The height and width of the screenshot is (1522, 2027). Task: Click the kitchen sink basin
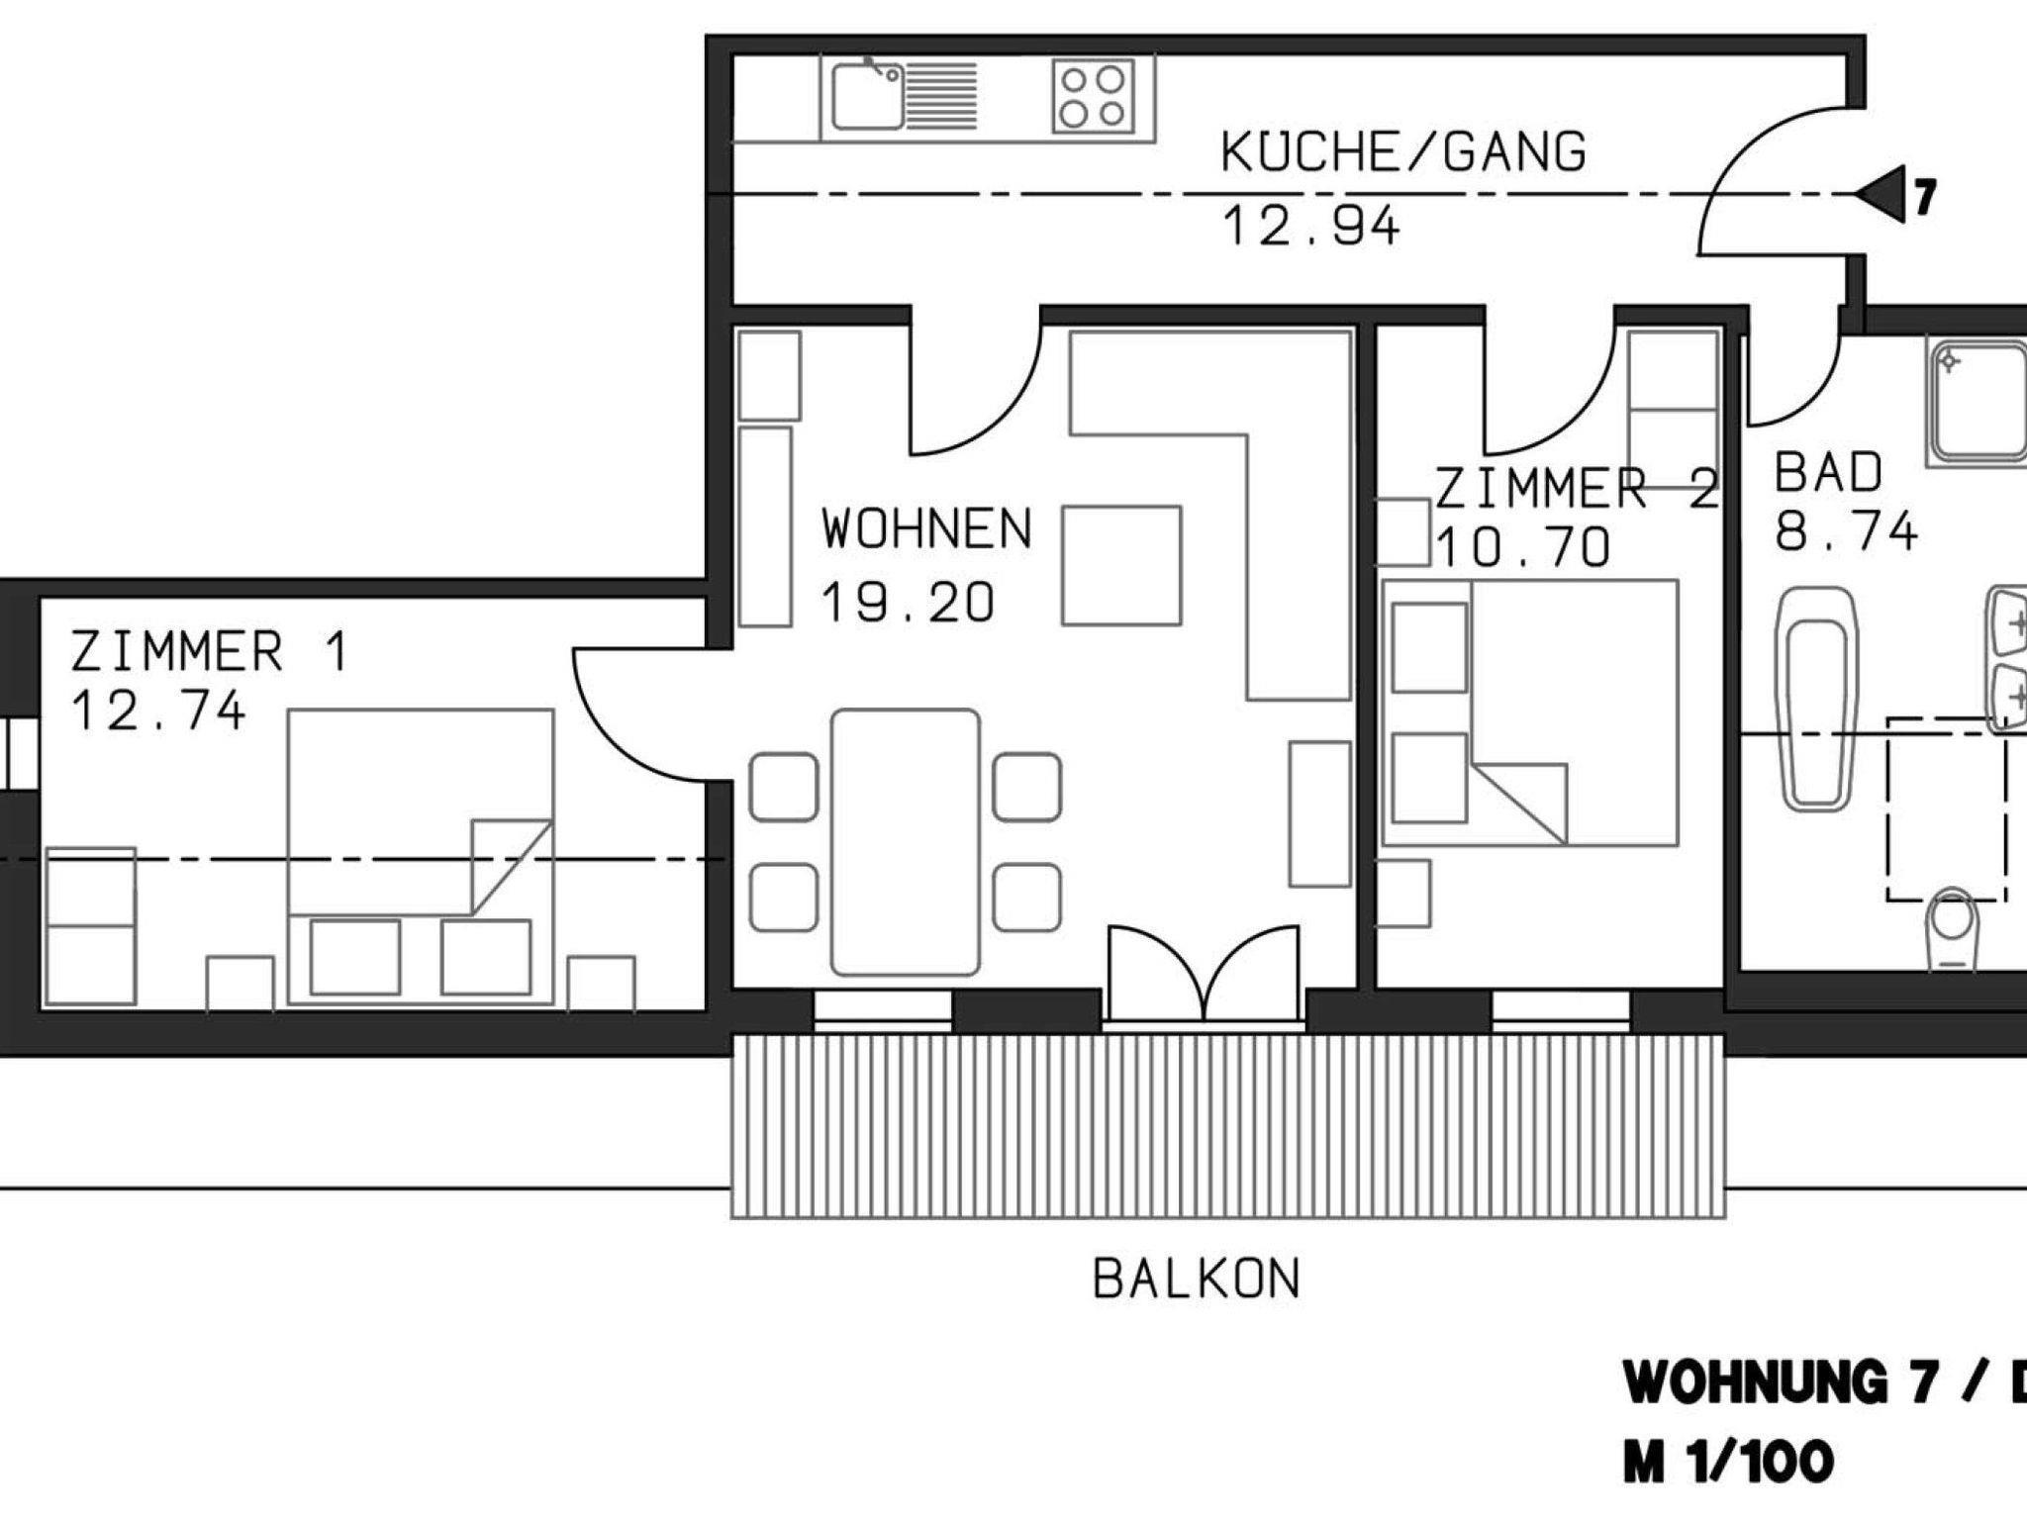(867, 97)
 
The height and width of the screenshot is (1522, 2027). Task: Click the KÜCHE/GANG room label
(1403, 152)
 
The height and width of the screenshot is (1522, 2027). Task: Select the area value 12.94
(1311, 226)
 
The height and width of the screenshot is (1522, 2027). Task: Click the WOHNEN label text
(926, 529)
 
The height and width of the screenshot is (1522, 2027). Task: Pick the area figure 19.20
(908, 603)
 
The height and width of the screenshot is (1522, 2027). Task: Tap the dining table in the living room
(906, 841)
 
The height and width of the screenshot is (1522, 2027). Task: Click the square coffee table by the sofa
(1121, 565)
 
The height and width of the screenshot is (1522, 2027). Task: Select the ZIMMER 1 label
(210, 652)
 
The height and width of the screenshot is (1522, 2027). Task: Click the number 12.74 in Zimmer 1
(158, 712)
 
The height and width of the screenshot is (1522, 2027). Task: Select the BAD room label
(1828, 473)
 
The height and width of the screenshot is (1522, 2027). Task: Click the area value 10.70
(1523, 547)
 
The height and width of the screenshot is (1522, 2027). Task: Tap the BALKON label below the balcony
(1197, 1280)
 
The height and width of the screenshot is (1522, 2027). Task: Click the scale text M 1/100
(1728, 1463)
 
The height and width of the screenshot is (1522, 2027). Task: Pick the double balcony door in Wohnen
(1204, 976)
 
